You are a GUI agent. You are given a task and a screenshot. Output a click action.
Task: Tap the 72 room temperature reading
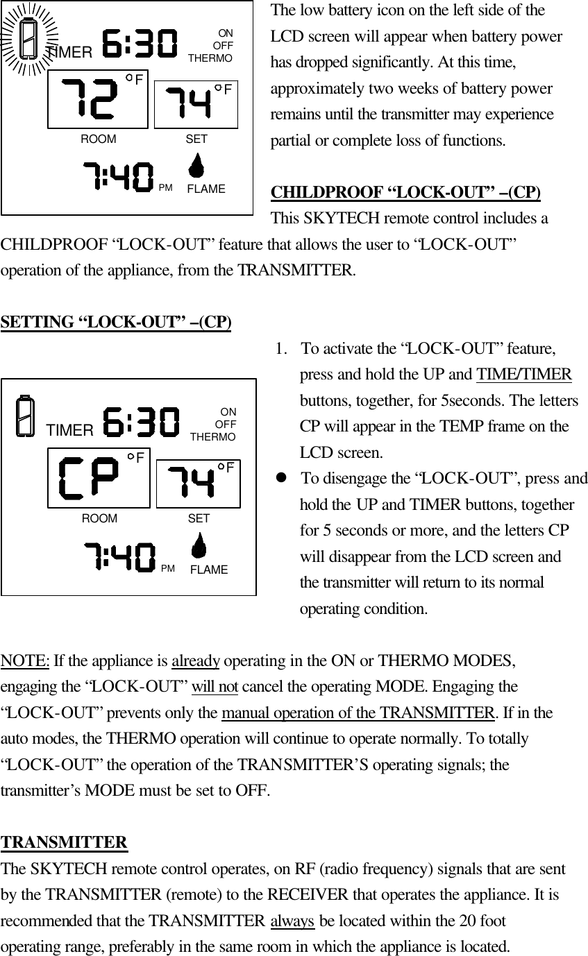tap(89, 101)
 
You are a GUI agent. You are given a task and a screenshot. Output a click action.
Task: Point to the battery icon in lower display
tap(25, 416)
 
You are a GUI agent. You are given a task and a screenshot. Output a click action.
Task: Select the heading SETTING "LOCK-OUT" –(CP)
tap(117, 323)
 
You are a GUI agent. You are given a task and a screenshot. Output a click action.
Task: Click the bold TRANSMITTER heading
tap(65, 842)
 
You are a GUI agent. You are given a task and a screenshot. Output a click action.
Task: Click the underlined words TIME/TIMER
tap(524, 375)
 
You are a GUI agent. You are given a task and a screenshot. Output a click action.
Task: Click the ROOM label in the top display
tap(99, 139)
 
